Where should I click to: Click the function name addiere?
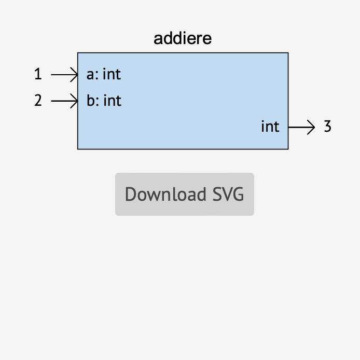(183, 39)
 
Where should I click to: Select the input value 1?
(38, 75)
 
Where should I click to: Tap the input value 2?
(38, 100)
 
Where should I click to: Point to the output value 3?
(327, 127)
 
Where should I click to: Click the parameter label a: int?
(103, 75)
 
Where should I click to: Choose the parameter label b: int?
(104, 100)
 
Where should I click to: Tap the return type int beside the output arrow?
(270, 127)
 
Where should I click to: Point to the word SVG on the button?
(228, 195)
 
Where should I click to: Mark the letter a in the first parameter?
(90, 76)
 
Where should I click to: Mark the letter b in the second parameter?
(91, 100)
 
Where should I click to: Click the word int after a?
(112, 75)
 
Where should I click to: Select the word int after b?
(112, 100)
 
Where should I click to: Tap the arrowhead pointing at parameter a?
(75, 75)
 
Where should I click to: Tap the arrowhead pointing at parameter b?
(75, 100)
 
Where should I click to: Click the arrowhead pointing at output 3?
(312, 127)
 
